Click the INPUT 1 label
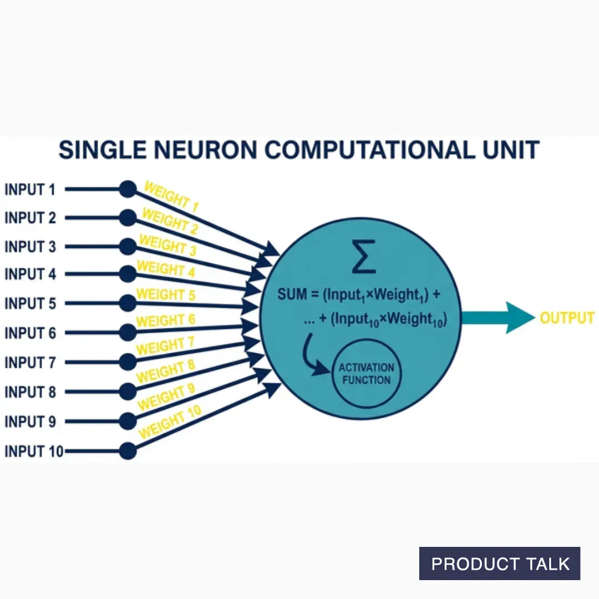30,190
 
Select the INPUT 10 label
33,451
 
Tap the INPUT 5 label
30,303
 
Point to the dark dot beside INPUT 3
128,246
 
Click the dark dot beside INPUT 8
128,391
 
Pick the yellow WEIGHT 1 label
170,196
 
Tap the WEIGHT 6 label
165,321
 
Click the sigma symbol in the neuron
363,257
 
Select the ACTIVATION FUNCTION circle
366,374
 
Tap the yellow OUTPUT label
567,318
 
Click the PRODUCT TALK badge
500,564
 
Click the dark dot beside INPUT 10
128,451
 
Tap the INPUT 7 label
30,362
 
